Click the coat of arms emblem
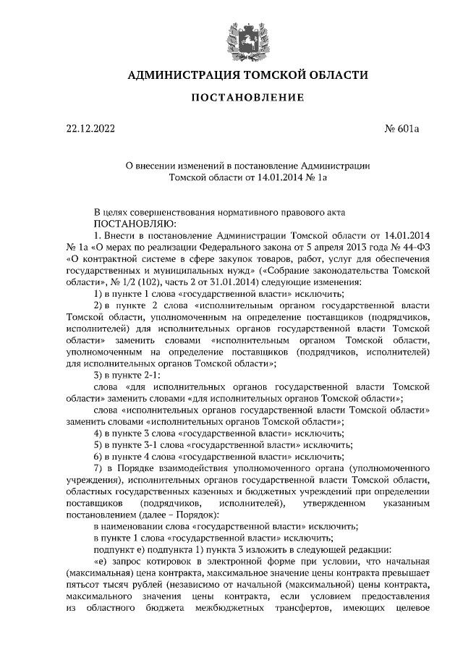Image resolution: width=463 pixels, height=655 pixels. pos(232,35)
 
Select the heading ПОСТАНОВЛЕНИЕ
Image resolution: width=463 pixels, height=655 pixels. pos(232,98)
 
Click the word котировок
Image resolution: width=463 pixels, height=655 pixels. pos(177,560)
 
